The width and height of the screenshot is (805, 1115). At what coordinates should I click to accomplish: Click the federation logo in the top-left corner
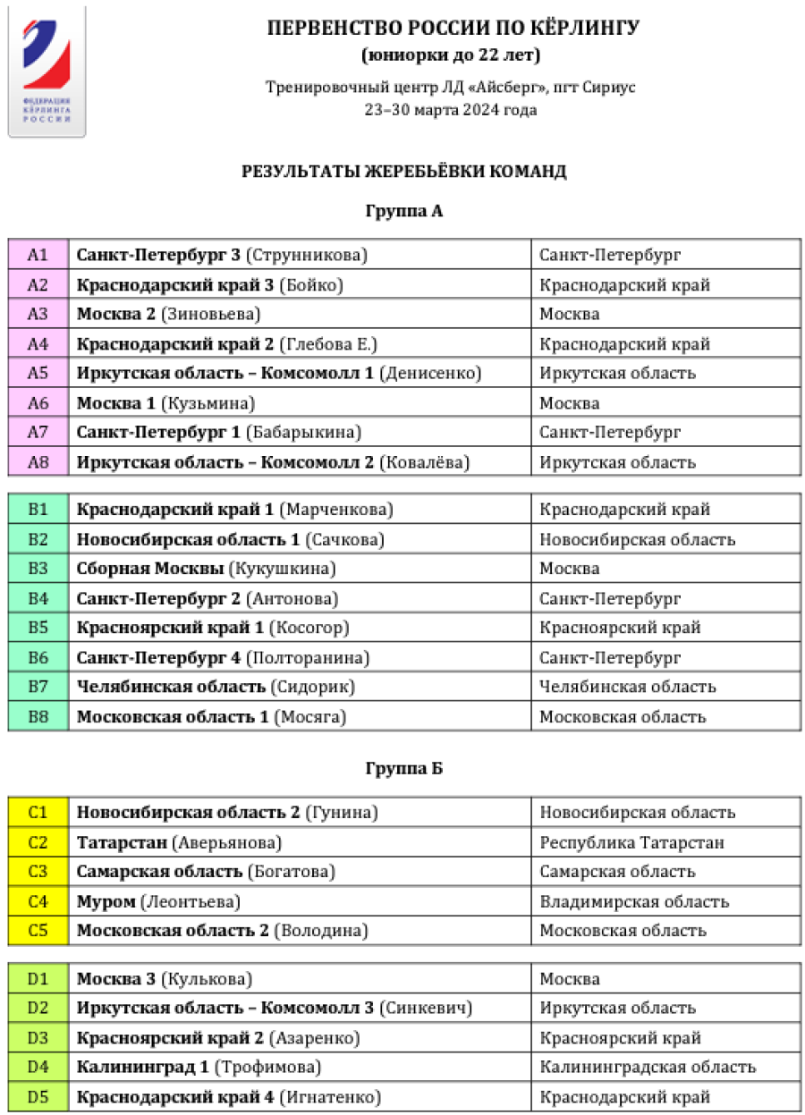pyautogui.click(x=47, y=72)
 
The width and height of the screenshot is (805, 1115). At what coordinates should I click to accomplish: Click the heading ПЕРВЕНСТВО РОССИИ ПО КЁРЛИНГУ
pyautogui.click(x=453, y=28)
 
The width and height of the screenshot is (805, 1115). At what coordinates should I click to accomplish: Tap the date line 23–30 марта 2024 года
pyautogui.click(x=451, y=110)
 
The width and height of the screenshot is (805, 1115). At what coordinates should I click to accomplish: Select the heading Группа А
pyautogui.click(x=404, y=212)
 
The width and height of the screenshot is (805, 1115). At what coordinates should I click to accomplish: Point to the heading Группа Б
pyautogui.click(x=404, y=769)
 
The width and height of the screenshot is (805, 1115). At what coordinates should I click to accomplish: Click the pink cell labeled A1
pyautogui.click(x=38, y=255)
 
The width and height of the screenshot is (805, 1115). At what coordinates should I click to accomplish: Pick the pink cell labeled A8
pyautogui.click(x=38, y=462)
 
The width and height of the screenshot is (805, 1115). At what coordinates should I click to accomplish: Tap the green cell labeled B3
pyautogui.click(x=38, y=569)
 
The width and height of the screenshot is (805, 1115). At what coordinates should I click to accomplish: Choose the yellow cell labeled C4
pyautogui.click(x=38, y=901)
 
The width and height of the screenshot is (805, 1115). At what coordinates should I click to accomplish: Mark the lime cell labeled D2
pyautogui.click(x=38, y=1008)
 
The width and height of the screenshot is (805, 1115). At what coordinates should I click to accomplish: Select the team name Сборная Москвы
pyautogui.click(x=150, y=569)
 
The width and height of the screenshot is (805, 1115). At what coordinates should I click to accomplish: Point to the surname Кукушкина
pyautogui.click(x=283, y=569)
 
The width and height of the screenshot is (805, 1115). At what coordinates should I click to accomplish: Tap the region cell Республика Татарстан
pyautogui.click(x=631, y=842)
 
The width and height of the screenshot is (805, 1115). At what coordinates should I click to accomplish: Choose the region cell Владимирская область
pyautogui.click(x=634, y=901)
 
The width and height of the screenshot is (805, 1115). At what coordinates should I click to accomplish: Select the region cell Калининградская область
pyautogui.click(x=648, y=1067)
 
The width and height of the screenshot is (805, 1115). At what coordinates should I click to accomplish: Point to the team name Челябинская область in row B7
pyautogui.click(x=171, y=687)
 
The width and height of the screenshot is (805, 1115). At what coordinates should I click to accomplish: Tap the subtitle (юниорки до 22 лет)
pyautogui.click(x=451, y=55)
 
